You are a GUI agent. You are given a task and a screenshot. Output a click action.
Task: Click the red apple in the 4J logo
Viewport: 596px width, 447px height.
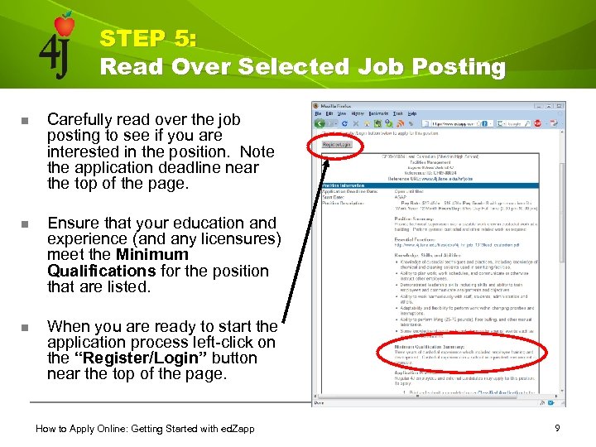[64, 26]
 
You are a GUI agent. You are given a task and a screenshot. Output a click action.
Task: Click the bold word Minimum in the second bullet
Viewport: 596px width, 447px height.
[152, 255]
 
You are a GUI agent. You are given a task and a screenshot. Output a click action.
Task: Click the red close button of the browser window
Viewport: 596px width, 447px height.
[562, 107]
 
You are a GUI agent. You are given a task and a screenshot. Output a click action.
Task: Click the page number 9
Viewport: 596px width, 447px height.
[558, 428]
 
